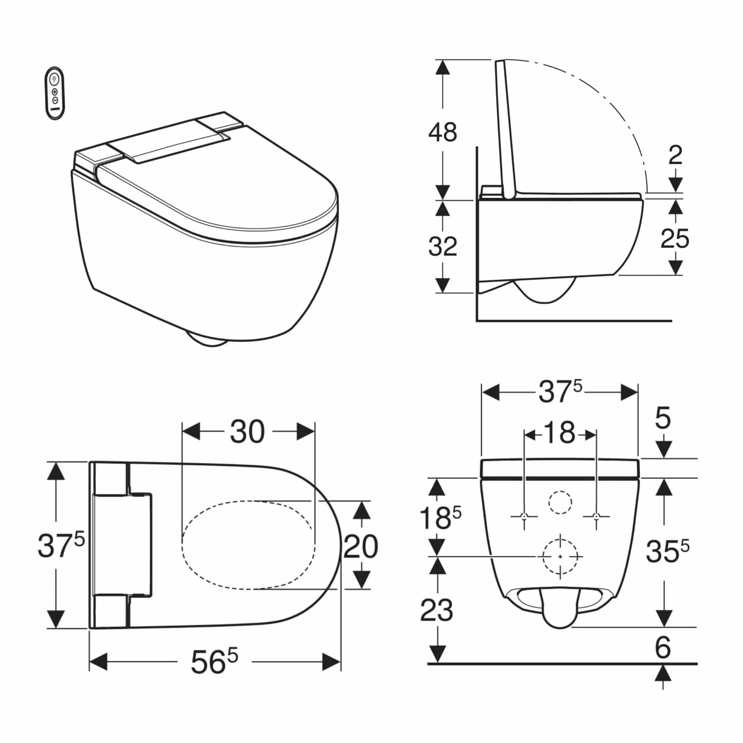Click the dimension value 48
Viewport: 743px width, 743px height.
[x=443, y=132]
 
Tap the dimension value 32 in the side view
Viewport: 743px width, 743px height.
[x=443, y=247]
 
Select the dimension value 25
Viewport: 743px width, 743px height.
[x=675, y=239]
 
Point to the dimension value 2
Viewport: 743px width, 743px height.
[x=675, y=155]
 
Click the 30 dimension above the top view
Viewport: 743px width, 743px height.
[x=247, y=431]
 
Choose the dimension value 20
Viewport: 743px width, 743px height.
[x=360, y=547]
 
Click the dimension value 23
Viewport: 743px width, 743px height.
[x=437, y=610]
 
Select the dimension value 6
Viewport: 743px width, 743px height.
[x=663, y=648]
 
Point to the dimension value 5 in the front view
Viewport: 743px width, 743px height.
[x=663, y=418]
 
